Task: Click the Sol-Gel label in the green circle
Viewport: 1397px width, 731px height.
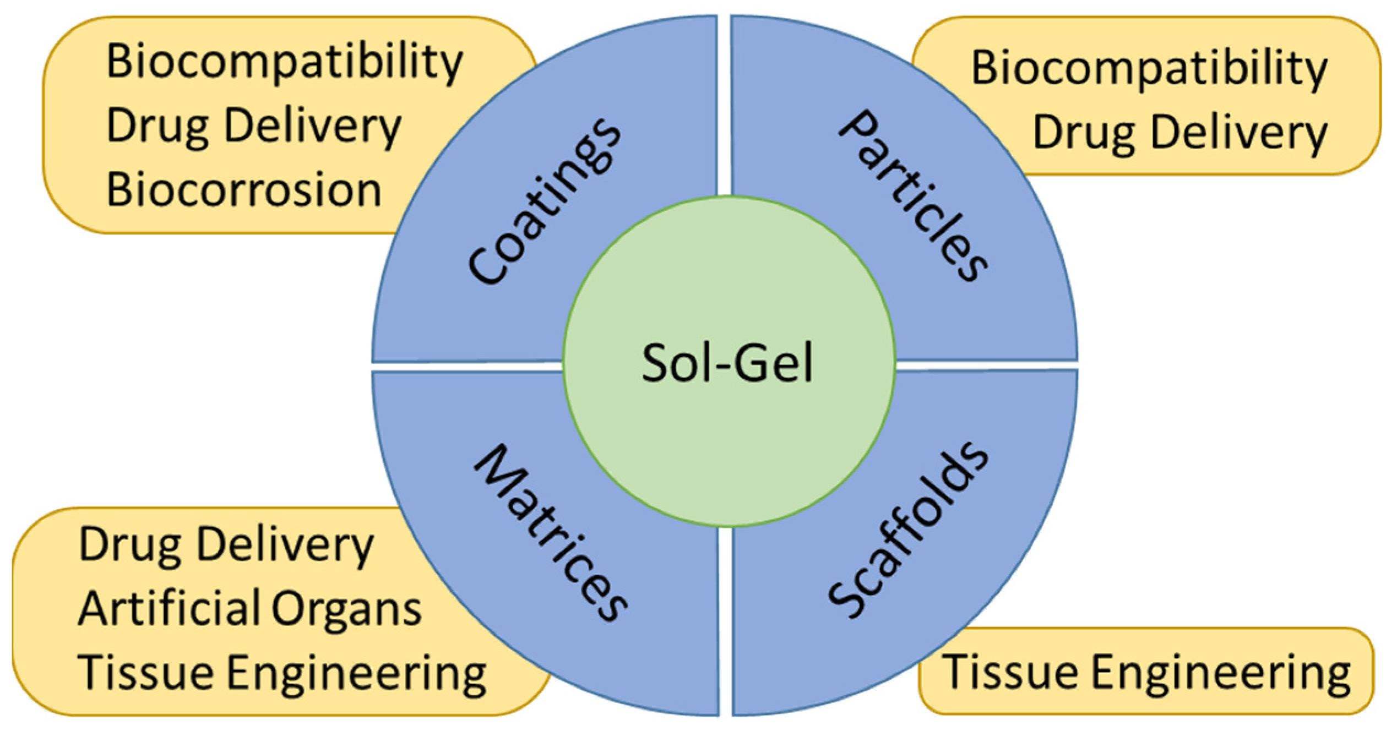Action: pos(727,363)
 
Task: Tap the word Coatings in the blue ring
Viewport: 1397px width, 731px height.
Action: pos(545,201)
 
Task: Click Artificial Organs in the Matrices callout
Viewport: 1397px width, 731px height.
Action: pos(250,609)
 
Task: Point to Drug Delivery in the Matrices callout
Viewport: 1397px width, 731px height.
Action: pos(226,545)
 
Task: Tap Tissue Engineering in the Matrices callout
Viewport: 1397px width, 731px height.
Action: pos(282,673)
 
